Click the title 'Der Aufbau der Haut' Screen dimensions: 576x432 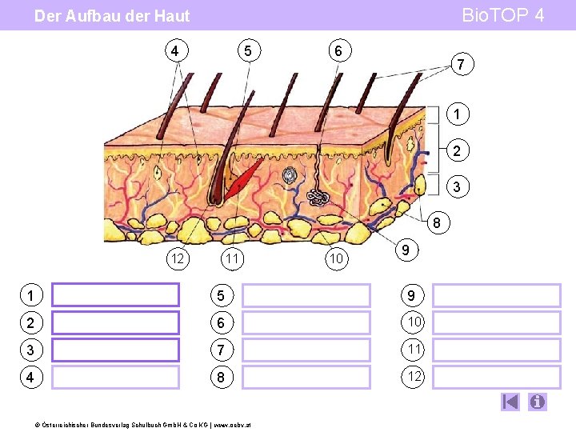pyautogui.click(x=112, y=16)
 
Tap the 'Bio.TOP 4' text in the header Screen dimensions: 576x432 pyautogui.click(x=503, y=15)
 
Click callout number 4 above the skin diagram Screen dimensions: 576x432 pyautogui.click(x=175, y=51)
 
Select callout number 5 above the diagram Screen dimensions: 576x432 pyautogui.click(x=248, y=51)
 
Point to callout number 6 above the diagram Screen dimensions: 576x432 pyautogui.click(x=338, y=51)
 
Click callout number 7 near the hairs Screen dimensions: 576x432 pyautogui.click(x=461, y=64)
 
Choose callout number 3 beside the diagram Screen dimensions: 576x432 pyautogui.click(x=456, y=186)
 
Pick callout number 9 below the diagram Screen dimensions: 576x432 pyautogui.click(x=407, y=250)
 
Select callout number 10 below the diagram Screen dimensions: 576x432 pyautogui.click(x=337, y=258)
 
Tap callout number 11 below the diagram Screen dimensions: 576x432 pyautogui.click(x=233, y=258)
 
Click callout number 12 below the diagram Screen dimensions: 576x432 pyautogui.click(x=178, y=258)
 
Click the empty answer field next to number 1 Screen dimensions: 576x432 pyautogui.click(x=116, y=295)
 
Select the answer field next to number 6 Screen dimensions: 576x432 pyautogui.click(x=306, y=322)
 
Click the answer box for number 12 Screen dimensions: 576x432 pyautogui.click(x=497, y=377)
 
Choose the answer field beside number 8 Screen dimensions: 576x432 pyautogui.click(x=306, y=377)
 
